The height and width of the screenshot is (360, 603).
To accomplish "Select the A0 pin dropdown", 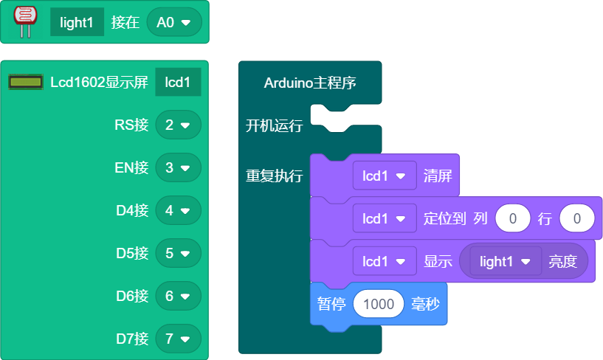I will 174,23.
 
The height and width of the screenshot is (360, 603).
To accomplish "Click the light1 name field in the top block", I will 77,23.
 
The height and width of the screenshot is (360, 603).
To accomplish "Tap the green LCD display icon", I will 26,82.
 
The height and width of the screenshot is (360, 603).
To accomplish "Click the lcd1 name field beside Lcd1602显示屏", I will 178,82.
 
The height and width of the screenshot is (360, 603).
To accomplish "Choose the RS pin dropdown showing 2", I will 178,125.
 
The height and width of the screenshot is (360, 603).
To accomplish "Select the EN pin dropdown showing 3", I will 178,167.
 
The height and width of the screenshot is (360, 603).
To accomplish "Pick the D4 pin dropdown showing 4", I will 178,210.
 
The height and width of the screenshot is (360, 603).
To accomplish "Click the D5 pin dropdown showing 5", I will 178,253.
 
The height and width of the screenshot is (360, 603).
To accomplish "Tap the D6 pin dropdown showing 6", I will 178,296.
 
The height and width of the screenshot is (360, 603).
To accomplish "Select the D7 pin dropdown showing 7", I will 178,339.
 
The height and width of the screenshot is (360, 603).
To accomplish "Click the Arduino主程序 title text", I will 310,83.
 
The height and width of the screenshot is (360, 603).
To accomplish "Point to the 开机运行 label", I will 274,125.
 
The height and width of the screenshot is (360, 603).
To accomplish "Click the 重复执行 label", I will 274,176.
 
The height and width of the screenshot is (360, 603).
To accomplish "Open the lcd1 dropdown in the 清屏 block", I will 385,176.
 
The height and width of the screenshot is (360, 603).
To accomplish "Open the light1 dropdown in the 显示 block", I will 506,261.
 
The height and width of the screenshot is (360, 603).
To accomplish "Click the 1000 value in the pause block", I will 379,304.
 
